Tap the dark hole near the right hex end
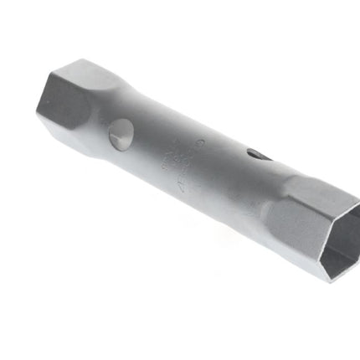tap(258, 154)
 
